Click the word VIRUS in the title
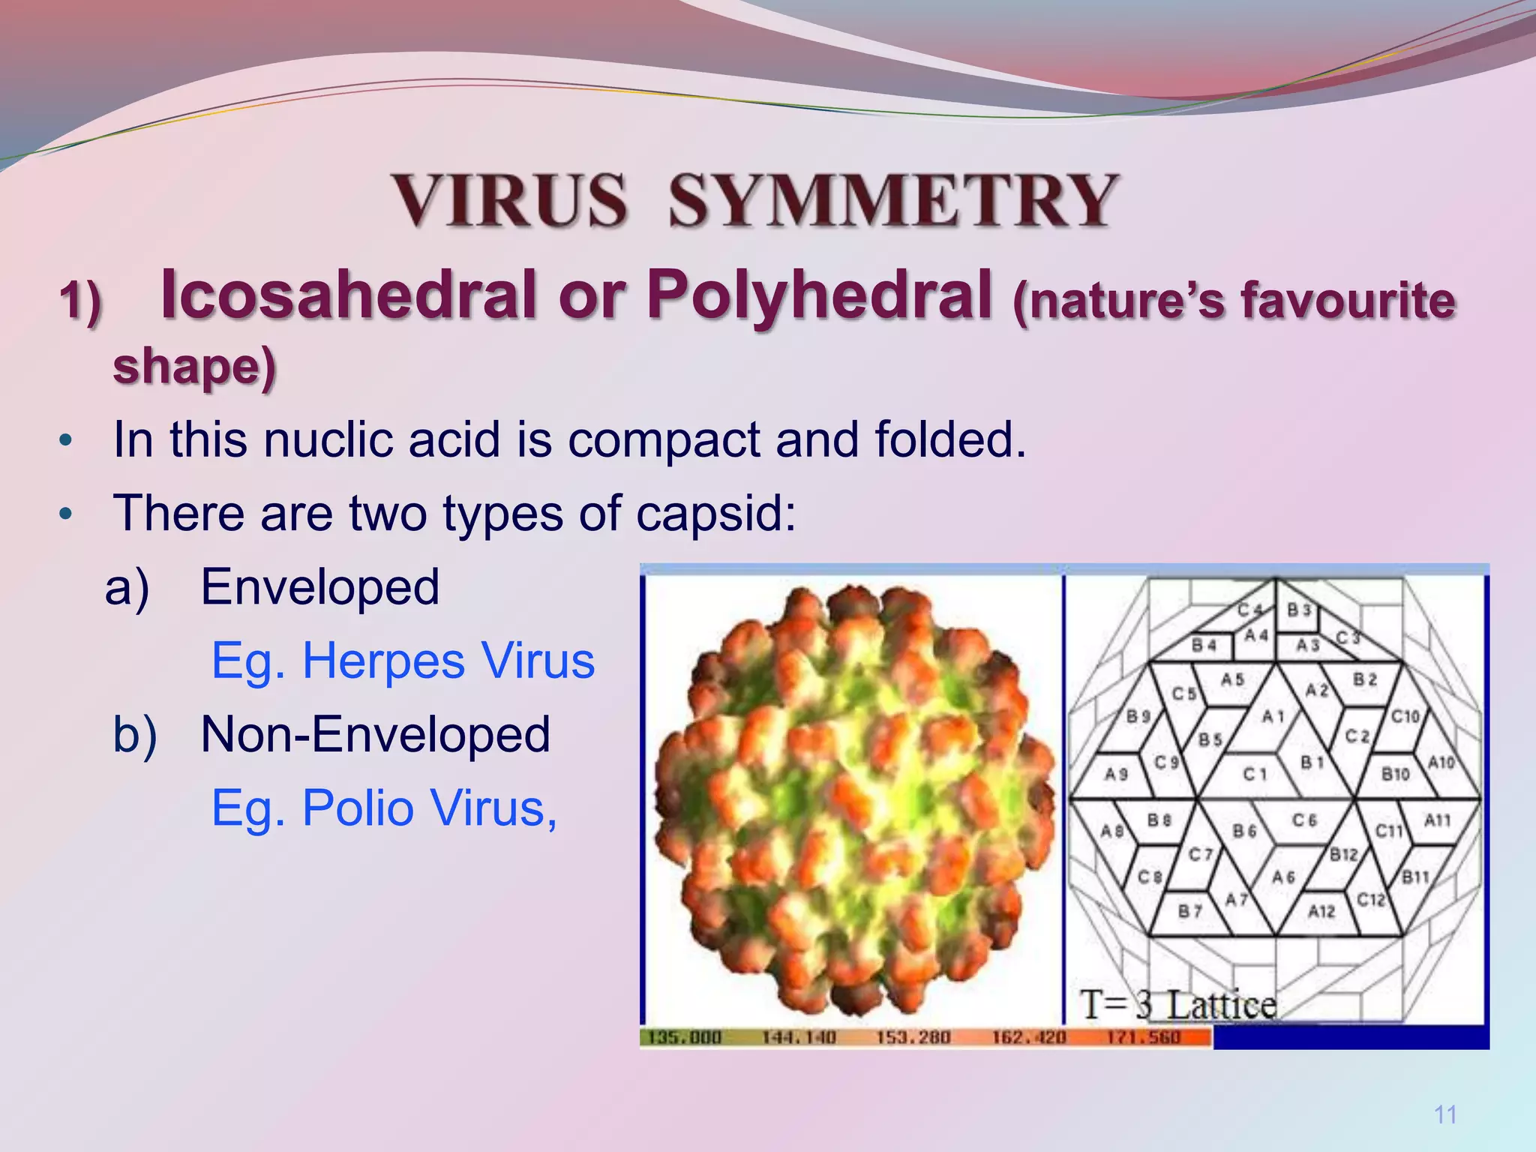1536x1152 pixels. tap(509, 200)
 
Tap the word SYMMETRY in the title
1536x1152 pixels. tap(892, 200)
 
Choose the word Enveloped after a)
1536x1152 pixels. tap(320, 586)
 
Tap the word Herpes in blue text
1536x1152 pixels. tap(383, 661)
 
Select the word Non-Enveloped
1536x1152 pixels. tap(375, 734)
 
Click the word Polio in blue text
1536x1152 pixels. tap(358, 808)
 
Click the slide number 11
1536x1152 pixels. tap(1445, 1114)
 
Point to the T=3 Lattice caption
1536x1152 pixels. tap(1178, 1004)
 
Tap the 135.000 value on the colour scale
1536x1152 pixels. tap(684, 1037)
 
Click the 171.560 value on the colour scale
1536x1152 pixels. tap(1144, 1037)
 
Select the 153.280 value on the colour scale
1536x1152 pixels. tap(913, 1037)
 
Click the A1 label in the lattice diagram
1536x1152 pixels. tap(1273, 717)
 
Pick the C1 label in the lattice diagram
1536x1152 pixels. tap(1255, 773)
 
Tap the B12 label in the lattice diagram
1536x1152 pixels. tap(1343, 854)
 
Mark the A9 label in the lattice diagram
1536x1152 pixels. tap(1116, 773)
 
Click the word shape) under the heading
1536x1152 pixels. tap(194, 367)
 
